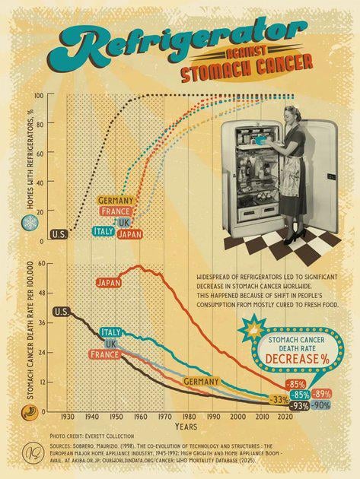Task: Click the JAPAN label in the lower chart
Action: coord(109,283)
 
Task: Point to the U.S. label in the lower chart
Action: coord(61,311)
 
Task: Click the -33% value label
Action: coord(280,400)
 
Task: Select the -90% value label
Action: coord(321,405)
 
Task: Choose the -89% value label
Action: coord(322,393)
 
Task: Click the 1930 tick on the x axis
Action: coord(67,417)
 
